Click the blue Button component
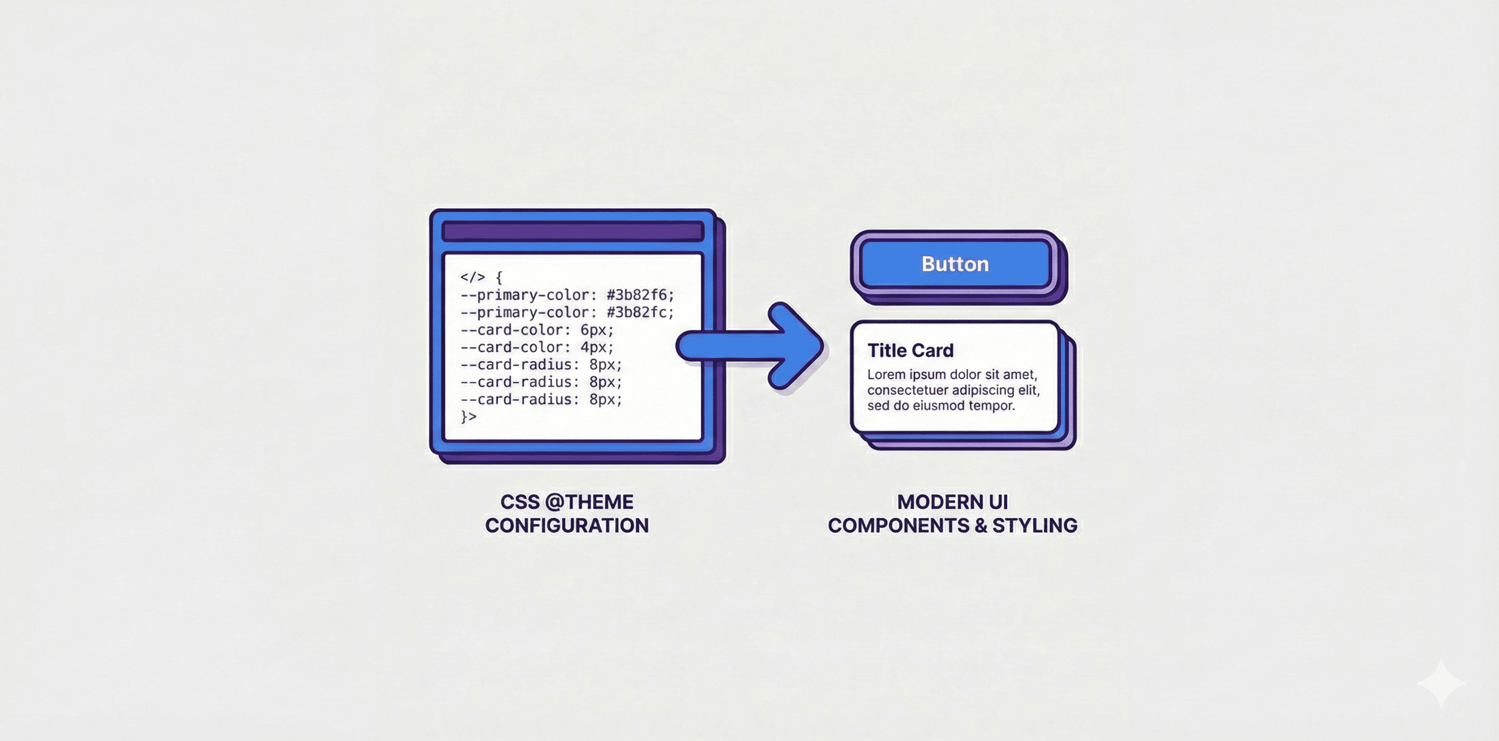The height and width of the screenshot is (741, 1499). coord(954,264)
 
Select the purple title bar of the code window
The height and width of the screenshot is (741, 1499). coord(572,232)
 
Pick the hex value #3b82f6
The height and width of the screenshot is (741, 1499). coord(639,295)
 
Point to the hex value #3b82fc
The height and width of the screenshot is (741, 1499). coord(639,312)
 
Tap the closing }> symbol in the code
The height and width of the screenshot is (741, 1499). coord(468,416)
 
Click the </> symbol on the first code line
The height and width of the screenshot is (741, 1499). coord(472,277)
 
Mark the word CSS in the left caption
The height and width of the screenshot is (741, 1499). coord(519,502)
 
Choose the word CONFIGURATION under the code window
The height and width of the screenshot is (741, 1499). coord(567,526)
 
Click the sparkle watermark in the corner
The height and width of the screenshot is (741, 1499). coord(1441,683)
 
